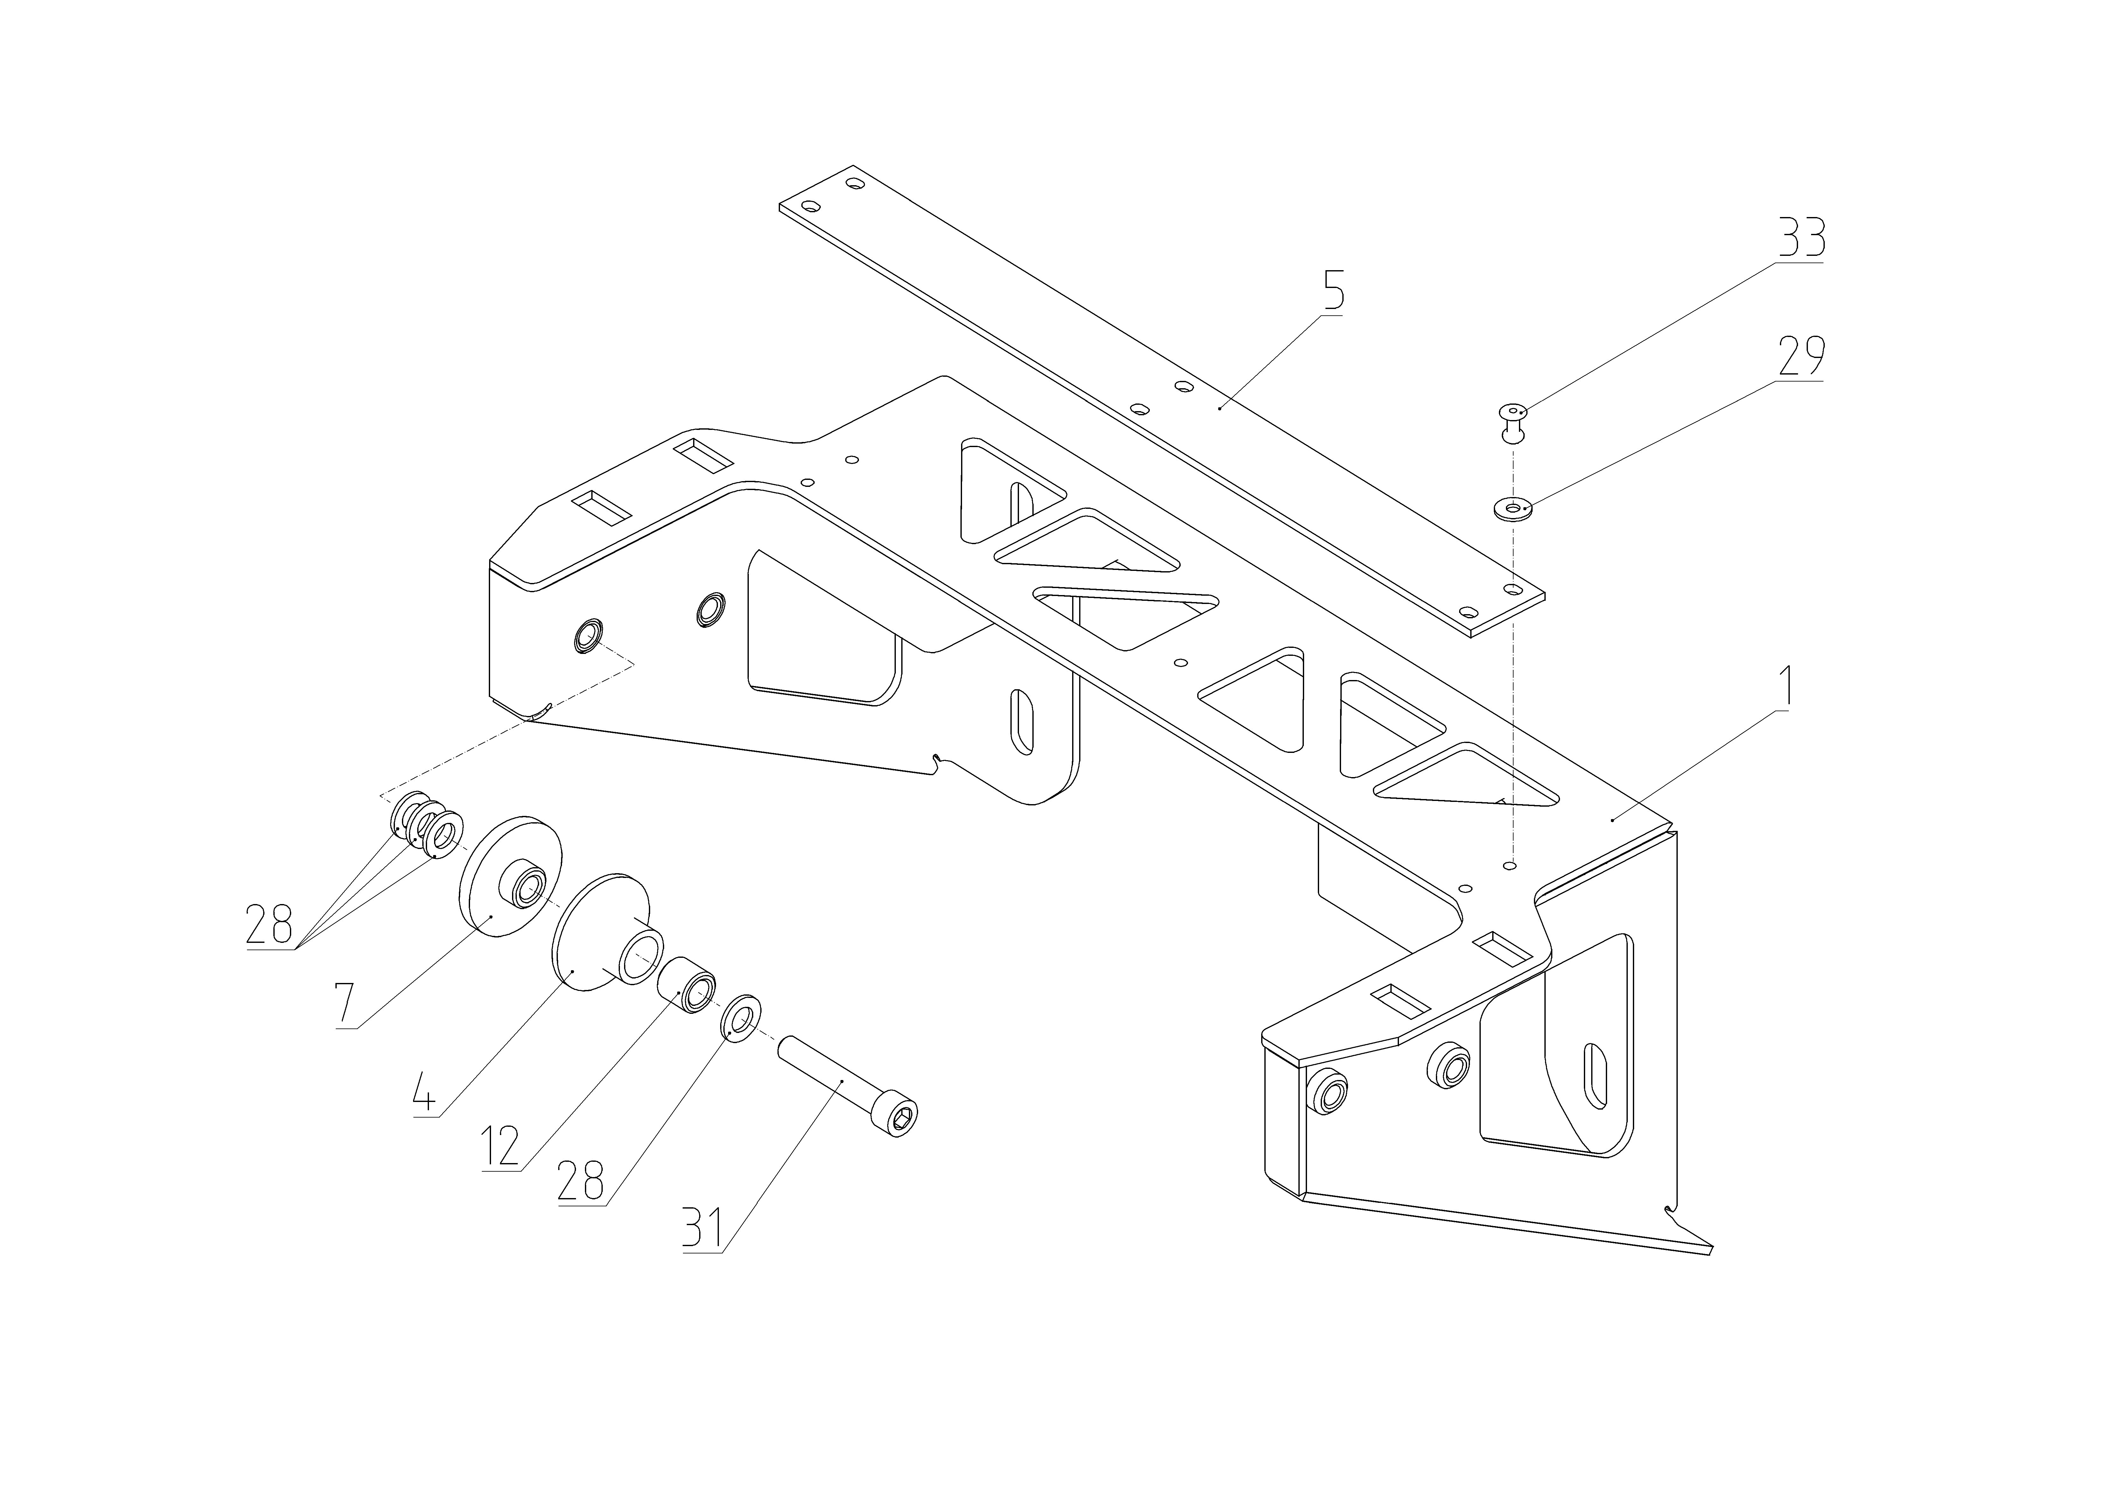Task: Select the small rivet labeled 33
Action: (x=1513, y=421)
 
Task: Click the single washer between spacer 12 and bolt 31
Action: (x=742, y=1017)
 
